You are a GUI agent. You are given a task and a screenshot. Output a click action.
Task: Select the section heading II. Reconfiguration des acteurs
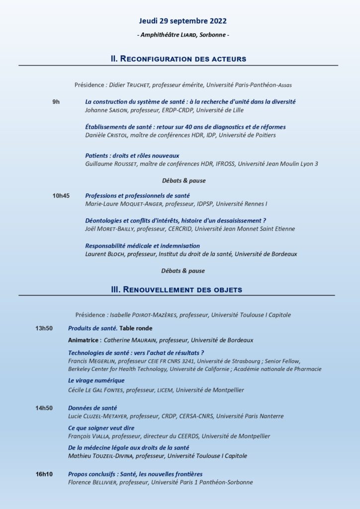(178, 59)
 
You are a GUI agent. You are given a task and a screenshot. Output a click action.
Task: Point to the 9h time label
(56, 101)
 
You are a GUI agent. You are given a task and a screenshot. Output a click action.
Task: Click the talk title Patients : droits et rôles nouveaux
(132, 156)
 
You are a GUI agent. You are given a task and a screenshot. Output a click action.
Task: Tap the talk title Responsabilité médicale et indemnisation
(143, 246)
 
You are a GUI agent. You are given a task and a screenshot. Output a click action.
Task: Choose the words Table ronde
(136, 328)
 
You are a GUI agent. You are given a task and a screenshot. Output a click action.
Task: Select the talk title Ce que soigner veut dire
(101, 427)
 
